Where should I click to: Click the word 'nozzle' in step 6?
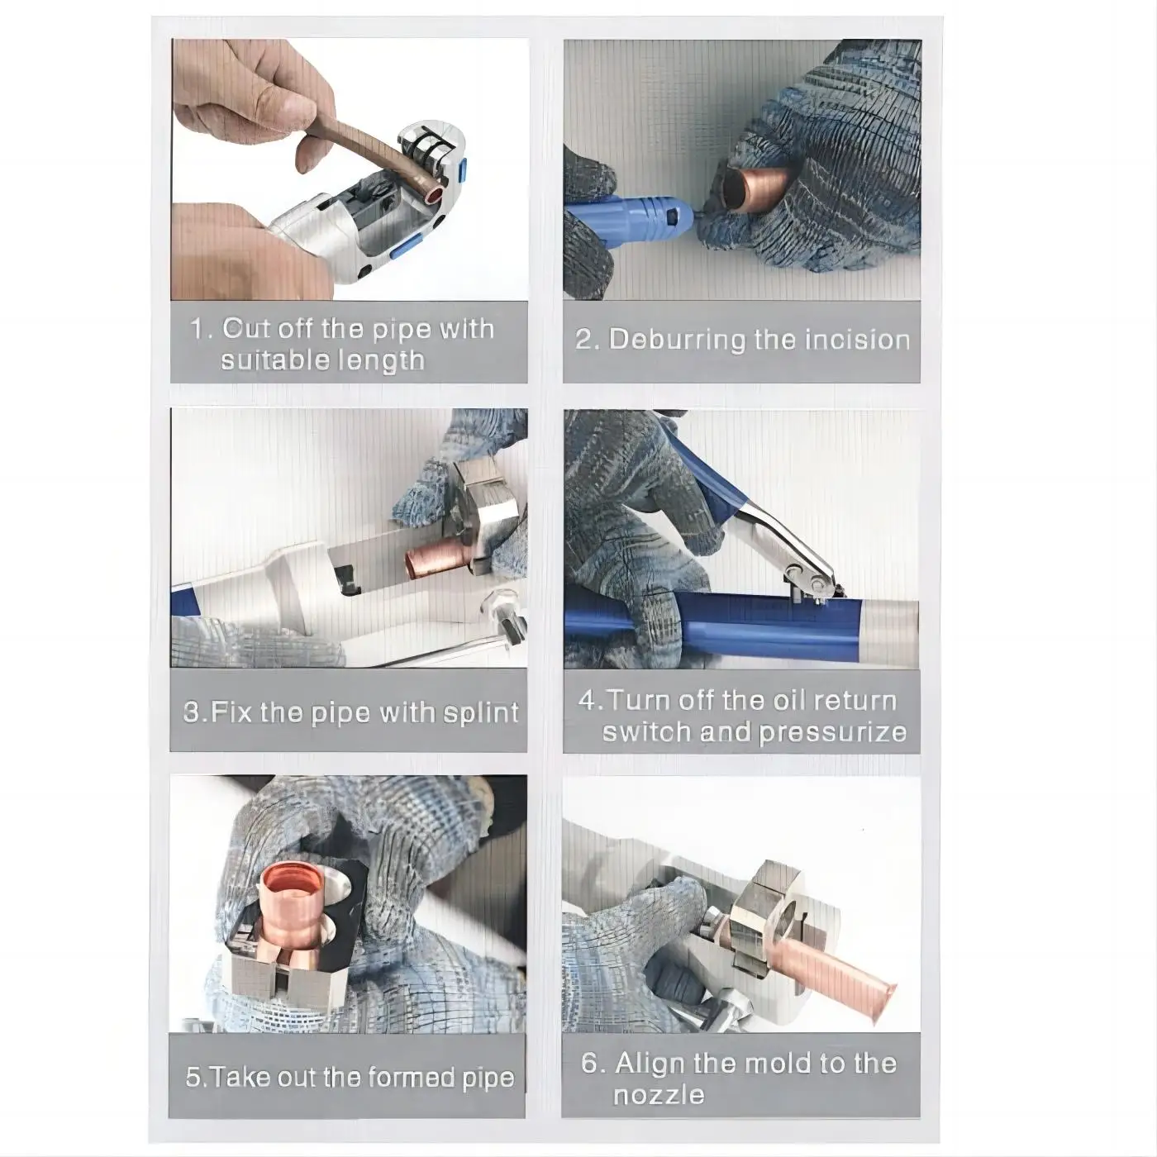pos(659,1095)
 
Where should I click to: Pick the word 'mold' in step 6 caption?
pos(778,1063)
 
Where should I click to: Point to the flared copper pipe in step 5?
pos(295,909)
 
